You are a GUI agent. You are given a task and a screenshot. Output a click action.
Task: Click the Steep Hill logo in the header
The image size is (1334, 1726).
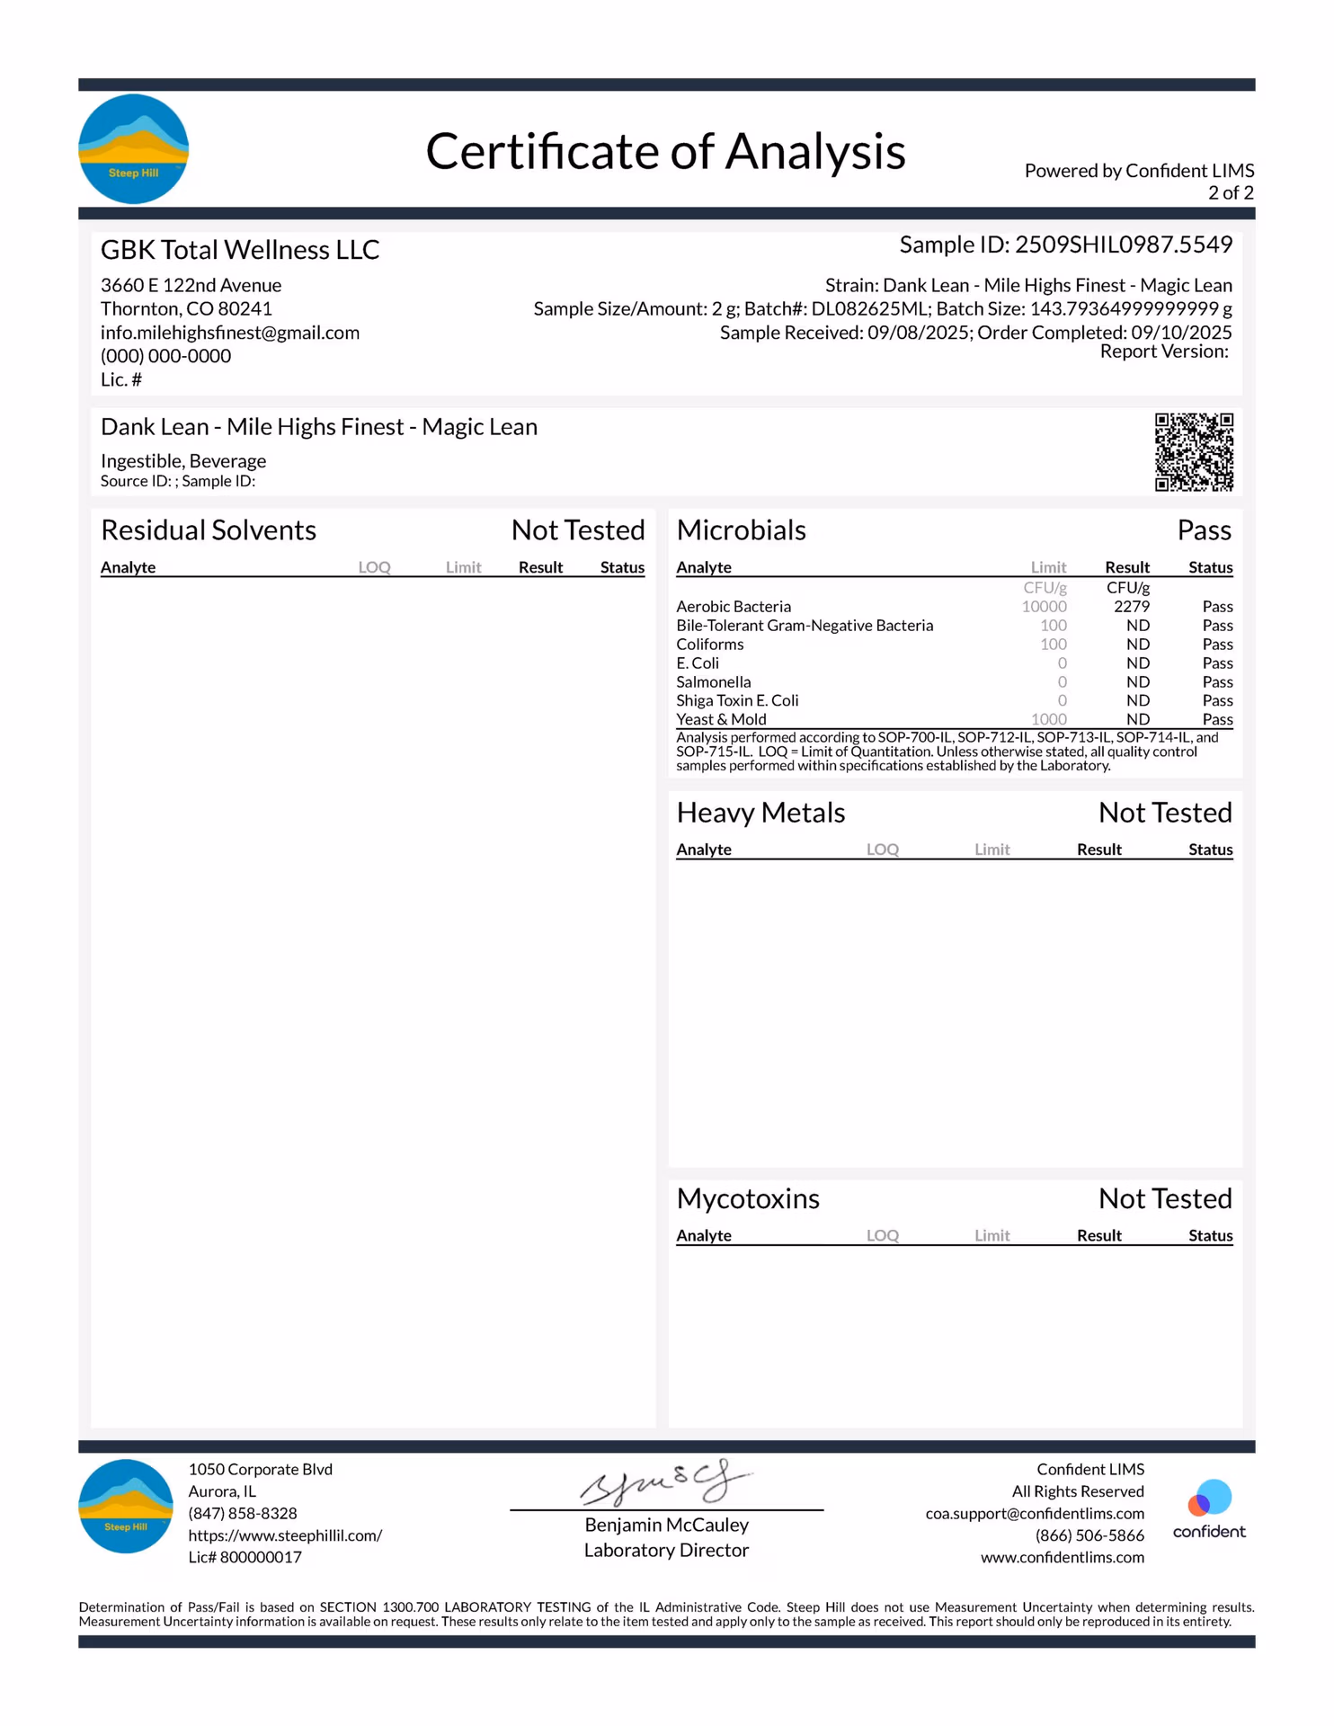tap(133, 149)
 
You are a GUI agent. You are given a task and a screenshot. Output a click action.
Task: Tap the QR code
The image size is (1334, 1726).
tap(1193, 452)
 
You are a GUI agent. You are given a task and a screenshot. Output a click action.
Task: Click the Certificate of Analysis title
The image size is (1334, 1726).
tap(665, 151)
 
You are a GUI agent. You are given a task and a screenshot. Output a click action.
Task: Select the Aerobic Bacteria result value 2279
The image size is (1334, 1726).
tap(1131, 607)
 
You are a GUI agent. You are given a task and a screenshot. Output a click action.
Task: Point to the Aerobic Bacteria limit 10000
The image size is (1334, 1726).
tap(1044, 607)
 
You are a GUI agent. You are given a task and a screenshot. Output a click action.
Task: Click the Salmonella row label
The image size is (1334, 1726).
tap(713, 682)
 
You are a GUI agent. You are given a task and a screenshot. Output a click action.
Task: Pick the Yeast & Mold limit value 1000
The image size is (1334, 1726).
tap(1048, 719)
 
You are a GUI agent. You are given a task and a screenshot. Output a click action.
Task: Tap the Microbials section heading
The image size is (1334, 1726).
tap(741, 530)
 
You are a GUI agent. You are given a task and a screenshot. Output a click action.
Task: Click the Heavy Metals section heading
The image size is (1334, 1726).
tap(760, 813)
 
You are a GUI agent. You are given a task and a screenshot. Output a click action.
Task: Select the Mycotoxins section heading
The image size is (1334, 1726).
tap(748, 1198)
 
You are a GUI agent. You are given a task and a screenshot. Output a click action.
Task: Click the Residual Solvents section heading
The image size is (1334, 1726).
tap(209, 530)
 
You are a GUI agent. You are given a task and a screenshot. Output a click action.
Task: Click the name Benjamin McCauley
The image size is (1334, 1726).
tap(666, 1525)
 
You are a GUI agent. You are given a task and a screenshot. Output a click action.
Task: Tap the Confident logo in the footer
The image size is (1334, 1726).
tap(1209, 1508)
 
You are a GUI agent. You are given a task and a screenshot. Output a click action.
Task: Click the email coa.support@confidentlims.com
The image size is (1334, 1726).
tap(1035, 1514)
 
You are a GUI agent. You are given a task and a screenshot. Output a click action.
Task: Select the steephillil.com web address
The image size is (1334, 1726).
tap(285, 1535)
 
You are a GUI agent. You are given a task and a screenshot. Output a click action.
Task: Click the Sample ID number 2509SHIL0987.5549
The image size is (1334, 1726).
tap(1123, 245)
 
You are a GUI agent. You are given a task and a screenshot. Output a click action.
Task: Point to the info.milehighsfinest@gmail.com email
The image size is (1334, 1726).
tap(230, 333)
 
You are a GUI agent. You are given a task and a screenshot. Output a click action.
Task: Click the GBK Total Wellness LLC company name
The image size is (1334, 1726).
tap(240, 250)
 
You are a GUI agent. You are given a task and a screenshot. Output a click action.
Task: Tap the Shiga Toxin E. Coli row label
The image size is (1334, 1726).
tap(737, 700)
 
